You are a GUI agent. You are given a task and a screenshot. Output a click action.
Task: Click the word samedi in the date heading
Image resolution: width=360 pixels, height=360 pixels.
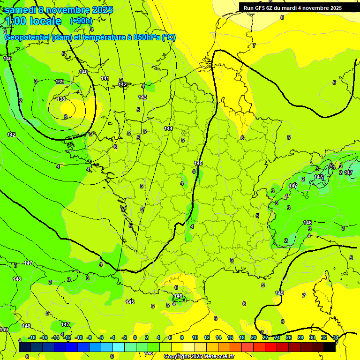pos(21,10)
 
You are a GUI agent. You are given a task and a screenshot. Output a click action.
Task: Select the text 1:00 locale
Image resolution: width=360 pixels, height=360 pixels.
pos(33,21)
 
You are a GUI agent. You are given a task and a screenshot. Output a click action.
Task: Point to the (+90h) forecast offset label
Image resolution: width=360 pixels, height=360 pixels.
pos(81,21)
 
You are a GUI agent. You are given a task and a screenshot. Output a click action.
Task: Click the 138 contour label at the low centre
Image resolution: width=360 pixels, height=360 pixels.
pos(61,99)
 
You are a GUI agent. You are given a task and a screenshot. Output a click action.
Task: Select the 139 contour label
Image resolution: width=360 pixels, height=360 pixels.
pos(60,82)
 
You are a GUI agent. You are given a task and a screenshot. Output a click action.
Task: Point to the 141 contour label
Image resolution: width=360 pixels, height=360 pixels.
pos(105,78)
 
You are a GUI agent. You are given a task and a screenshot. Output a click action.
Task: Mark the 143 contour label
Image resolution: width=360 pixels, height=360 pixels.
pos(142,97)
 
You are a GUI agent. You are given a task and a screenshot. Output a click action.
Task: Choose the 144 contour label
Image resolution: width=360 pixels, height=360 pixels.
pos(168,128)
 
